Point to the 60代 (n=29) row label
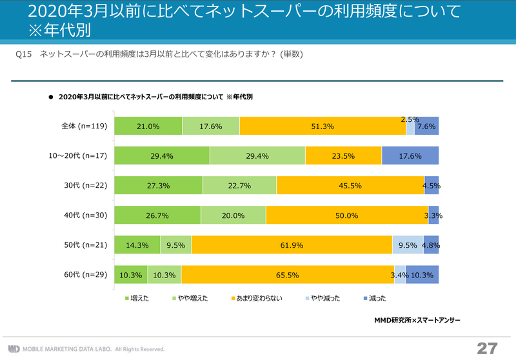tap(83, 275)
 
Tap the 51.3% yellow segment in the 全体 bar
tap(322, 126)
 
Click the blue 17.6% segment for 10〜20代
tap(410, 155)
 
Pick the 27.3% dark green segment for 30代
tap(158, 185)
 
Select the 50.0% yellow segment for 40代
tap(346, 215)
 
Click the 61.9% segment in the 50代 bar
tap(292, 245)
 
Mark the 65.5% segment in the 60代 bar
tap(288, 275)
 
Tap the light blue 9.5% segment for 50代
tap(408, 245)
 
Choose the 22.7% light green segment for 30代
tap(239, 185)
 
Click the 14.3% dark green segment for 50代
tap(137, 245)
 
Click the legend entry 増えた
tap(136, 298)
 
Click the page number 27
tap(487, 348)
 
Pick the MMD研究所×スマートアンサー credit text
tap(417, 319)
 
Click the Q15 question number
tap(23, 54)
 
